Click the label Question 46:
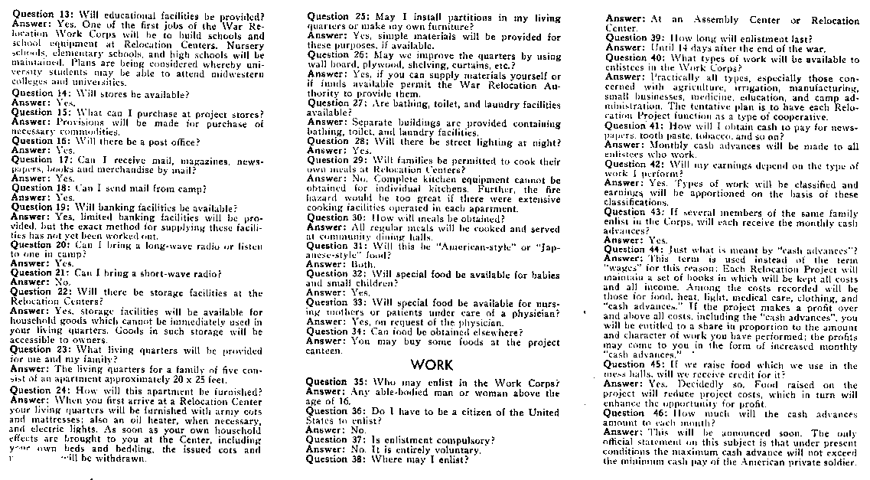(636, 413)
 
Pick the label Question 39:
(636, 38)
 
